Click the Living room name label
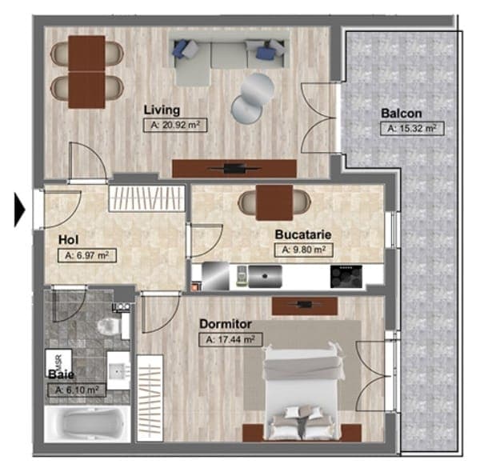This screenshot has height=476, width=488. [162, 110]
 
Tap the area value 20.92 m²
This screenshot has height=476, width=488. [175, 126]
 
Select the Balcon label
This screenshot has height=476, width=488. [402, 114]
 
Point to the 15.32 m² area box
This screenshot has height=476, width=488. [412, 129]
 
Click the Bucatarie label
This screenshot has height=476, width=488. [303, 234]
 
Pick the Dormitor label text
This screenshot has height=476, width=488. [226, 324]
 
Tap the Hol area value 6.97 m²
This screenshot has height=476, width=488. [87, 255]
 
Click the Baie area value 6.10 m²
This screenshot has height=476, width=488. [77, 390]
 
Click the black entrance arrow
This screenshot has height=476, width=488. [19, 209]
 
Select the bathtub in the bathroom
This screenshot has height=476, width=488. [87, 423]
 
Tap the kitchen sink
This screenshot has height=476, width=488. [265, 276]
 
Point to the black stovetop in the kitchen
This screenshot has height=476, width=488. [346, 277]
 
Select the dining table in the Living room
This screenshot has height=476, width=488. [87, 72]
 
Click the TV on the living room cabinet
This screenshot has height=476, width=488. [234, 169]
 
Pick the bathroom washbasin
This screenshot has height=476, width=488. [118, 370]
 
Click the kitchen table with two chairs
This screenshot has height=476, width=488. [274, 202]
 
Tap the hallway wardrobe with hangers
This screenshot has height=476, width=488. [146, 199]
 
